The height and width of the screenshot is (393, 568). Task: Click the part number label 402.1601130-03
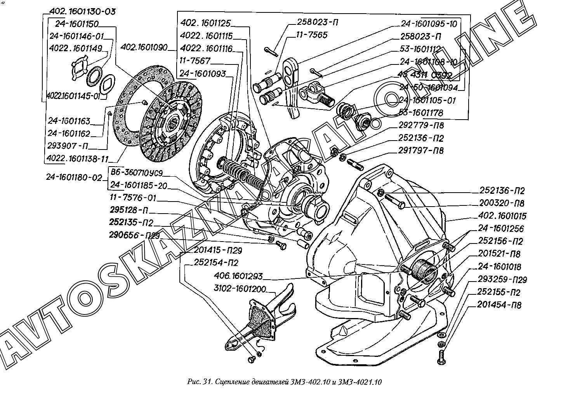tap(83, 11)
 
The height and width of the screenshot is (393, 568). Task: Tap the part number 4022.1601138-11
tap(77, 159)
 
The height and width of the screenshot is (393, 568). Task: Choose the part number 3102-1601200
tap(240, 289)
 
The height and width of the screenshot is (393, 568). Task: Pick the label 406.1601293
tap(238, 276)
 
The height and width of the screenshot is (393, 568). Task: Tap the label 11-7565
tap(312, 35)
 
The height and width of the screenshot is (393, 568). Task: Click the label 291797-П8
tap(421, 150)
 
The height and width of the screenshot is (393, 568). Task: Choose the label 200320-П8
tap(502, 203)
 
